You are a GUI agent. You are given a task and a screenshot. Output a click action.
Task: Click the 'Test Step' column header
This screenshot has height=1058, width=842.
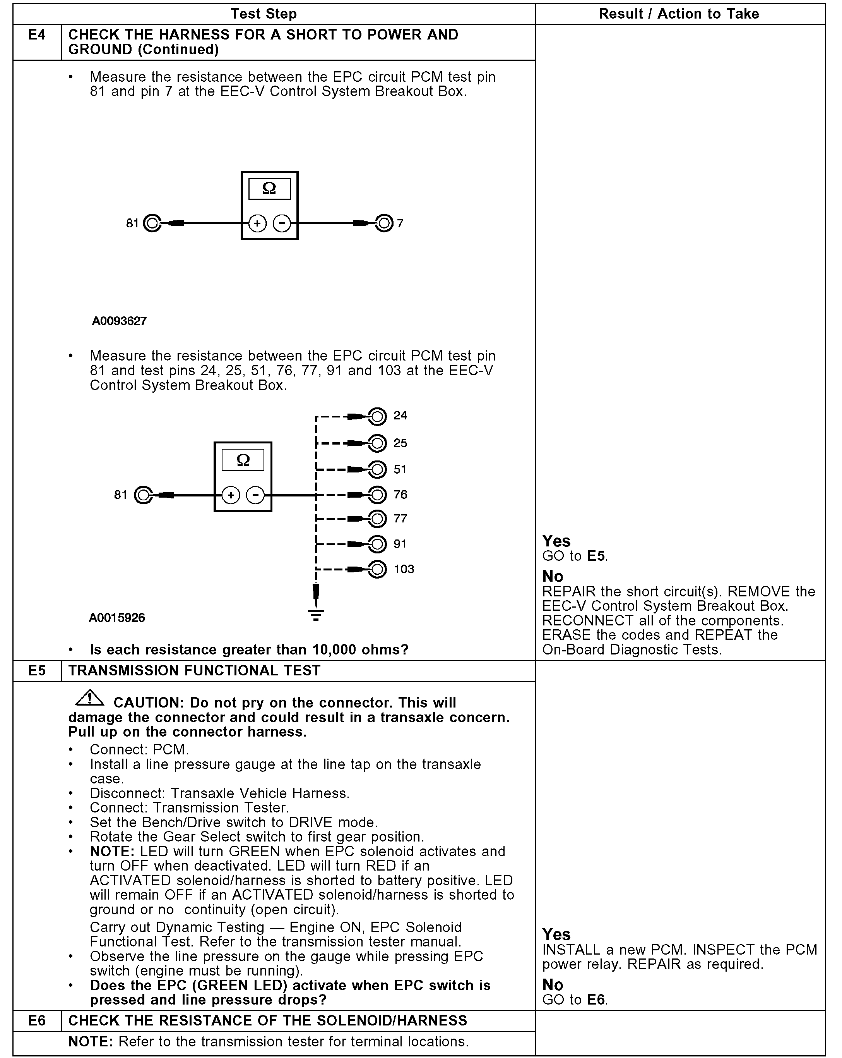[264, 14]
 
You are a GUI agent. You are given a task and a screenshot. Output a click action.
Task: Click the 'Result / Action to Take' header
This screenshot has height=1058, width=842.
[679, 14]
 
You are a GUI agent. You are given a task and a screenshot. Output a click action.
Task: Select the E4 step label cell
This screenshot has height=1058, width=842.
[37, 35]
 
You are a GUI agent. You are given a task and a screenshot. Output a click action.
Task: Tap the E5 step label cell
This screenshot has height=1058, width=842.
[37, 671]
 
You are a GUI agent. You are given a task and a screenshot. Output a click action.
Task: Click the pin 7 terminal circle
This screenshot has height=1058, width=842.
[385, 223]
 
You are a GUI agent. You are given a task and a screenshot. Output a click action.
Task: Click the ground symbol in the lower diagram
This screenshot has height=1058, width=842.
[316, 614]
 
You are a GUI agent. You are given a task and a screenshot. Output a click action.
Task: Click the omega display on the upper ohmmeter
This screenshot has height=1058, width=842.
[269, 189]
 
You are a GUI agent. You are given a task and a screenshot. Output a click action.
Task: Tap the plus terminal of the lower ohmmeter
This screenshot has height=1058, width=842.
[231, 495]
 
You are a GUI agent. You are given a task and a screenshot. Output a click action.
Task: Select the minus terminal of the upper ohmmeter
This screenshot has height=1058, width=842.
[281, 223]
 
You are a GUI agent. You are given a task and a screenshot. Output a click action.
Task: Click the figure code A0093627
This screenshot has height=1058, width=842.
[119, 321]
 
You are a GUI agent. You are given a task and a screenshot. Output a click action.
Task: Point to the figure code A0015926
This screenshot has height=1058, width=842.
[117, 617]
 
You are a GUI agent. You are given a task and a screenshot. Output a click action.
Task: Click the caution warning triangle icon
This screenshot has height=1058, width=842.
[89, 698]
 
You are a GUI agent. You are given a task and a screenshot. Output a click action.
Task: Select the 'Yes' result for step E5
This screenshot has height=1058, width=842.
[556, 934]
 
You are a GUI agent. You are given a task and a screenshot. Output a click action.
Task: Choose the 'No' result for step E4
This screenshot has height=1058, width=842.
[553, 576]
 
